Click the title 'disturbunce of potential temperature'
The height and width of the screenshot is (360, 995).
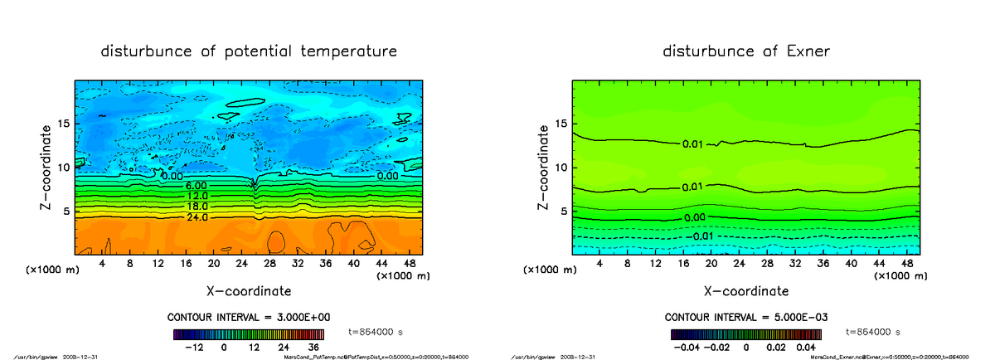click(249, 51)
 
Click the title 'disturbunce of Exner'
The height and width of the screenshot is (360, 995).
click(746, 51)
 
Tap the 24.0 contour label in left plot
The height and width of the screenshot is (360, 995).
click(197, 216)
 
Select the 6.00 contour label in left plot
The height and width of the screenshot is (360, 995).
click(197, 186)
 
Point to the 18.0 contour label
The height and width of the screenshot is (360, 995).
click(197, 206)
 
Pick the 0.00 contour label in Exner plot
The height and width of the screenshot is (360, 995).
click(695, 217)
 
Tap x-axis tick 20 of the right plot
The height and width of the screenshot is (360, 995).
click(711, 263)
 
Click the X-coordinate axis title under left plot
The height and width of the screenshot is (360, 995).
click(249, 291)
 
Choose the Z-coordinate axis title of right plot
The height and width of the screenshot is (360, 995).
click(545, 167)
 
